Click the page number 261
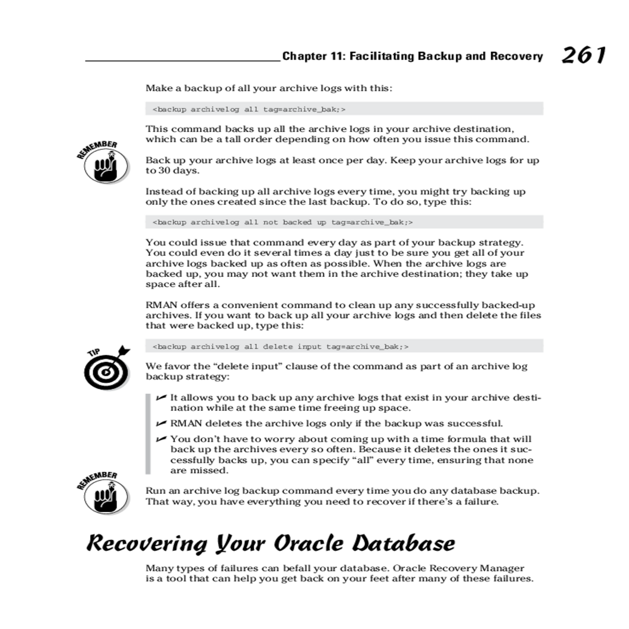(583, 55)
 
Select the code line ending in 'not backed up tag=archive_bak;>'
(283, 222)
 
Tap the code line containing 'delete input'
(280, 346)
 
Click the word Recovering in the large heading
(147, 544)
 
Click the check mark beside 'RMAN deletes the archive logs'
(161, 423)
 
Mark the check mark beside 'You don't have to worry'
(161, 439)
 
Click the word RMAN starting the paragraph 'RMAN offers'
(161, 305)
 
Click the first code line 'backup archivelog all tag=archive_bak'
(249, 109)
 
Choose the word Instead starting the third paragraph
(162, 192)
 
